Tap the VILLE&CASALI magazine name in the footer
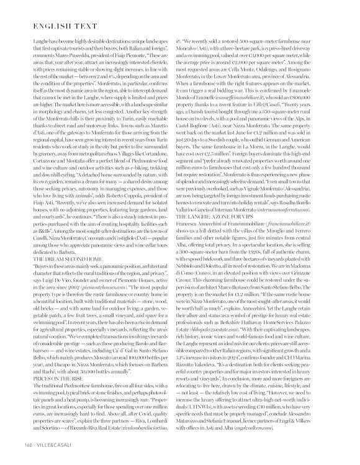click(x=55, y=445)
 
